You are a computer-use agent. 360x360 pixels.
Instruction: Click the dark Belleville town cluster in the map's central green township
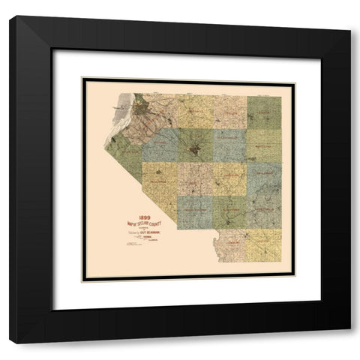(x=196, y=147)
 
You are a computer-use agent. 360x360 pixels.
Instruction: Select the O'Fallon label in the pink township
(x=229, y=112)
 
